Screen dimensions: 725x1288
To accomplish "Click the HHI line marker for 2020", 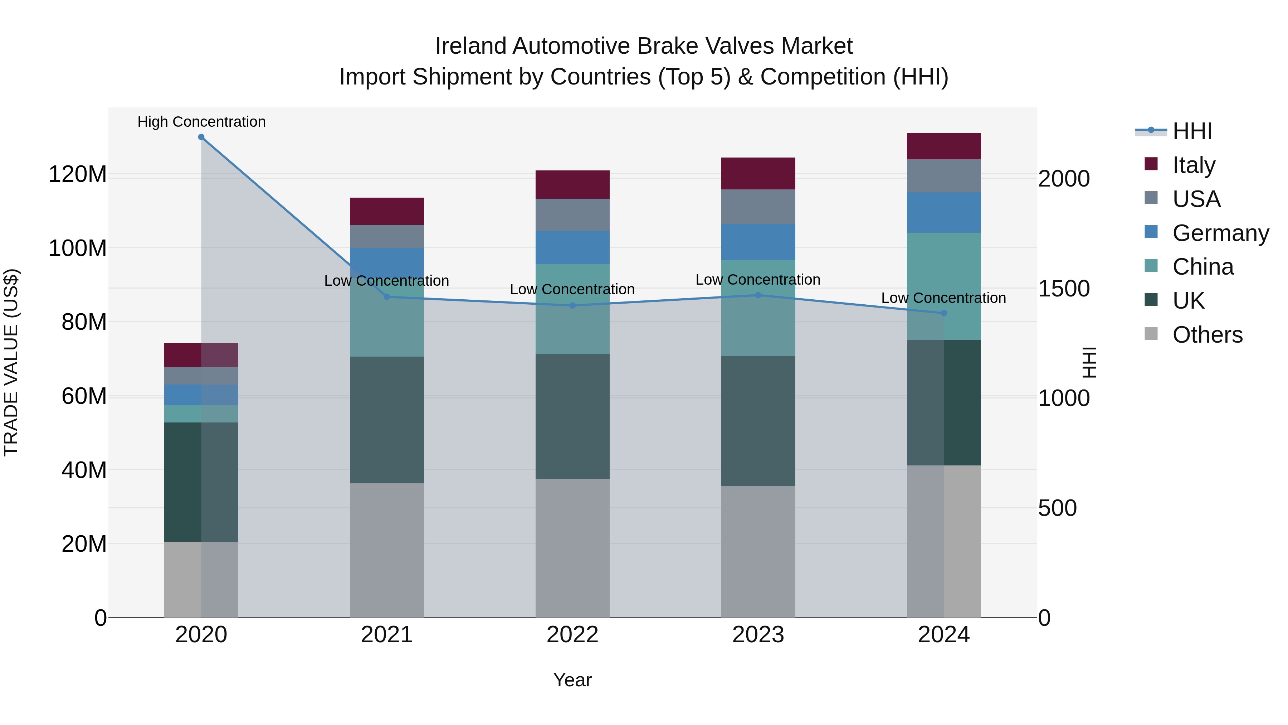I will click(201, 137).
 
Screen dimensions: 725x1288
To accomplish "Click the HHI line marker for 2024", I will click(943, 313).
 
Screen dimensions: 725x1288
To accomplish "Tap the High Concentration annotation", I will click(201, 122).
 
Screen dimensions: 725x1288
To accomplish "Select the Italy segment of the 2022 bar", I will click(572, 185).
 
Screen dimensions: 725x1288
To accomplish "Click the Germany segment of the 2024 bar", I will click(943, 212).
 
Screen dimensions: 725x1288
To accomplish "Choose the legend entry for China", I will click(1202, 267).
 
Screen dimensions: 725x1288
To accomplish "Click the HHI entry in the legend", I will click(1191, 131).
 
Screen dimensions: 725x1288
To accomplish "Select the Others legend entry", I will click(1206, 335).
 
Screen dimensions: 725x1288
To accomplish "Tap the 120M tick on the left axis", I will click(78, 174).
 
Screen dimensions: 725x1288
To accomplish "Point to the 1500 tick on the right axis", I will click(1064, 289).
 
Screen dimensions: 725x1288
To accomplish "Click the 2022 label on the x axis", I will click(572, 635).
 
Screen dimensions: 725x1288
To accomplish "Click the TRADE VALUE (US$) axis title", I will click(11, 362).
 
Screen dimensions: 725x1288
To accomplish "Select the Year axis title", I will click(572, 680).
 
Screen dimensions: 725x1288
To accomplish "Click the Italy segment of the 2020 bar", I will click(201, 355).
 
